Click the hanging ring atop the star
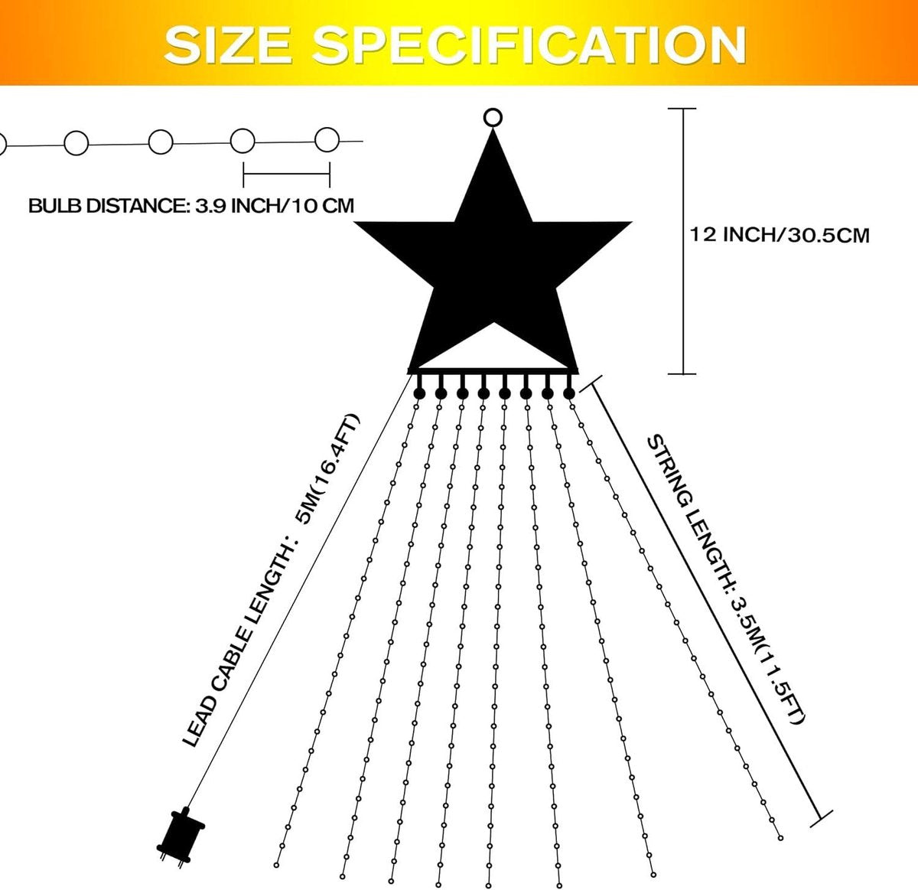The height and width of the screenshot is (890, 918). [493, 118]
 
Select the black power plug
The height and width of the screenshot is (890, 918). [181, 835]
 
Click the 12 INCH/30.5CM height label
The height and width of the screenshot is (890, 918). [780, 234]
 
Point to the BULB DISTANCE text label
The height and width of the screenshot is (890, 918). [191, 206]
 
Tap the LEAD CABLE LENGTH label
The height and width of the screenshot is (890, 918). [272, 581]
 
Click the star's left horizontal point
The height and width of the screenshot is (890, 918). [355, 222]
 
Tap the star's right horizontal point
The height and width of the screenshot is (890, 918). [630, 222]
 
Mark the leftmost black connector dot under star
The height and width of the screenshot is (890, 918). [419, 393]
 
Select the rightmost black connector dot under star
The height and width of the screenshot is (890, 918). [569, 393]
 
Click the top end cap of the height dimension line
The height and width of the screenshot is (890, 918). [682, 109]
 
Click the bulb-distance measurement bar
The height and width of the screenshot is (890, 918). [286, 174]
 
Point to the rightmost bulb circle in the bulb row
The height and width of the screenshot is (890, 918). [327, 140]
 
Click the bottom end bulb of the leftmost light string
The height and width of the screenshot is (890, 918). [276, 865]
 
